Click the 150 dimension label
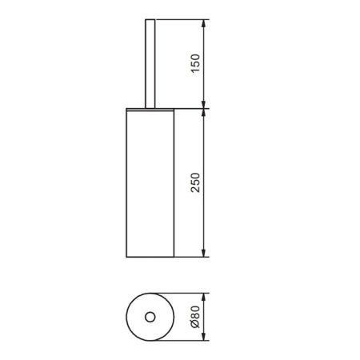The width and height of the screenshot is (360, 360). (x=195, y=63)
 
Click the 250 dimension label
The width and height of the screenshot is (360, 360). (x=195, y=182)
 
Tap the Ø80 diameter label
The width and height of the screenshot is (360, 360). (x=195, y=317)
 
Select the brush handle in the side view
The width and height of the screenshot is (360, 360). (x=150, y=64)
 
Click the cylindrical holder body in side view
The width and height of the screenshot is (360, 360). (x=150, y=184)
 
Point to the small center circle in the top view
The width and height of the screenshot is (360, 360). (x=150, y=317)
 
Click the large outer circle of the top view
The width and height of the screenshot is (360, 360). (x=126, y=317)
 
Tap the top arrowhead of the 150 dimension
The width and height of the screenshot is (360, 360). (x=203, y=23)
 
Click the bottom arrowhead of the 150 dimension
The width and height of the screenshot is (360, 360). (x=203, y=104)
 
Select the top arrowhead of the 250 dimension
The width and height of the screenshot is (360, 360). (x=203, y=113)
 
